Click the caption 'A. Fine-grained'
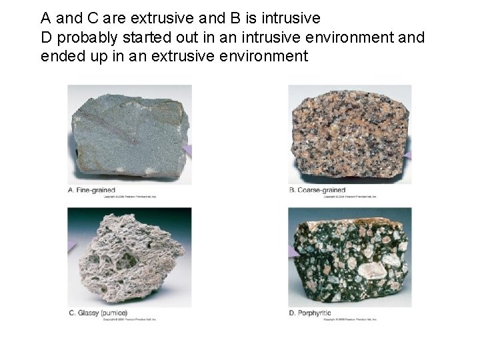click(x=93, y=190)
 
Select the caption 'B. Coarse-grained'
click(x=317, y=190)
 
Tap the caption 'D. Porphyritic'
click(x=310, y=313)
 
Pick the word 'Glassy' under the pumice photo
click(x=89, y=313)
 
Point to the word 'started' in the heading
click(x=144, y=37)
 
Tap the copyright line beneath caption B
click(x=350, y=197)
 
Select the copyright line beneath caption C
click(x=130, y=320)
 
